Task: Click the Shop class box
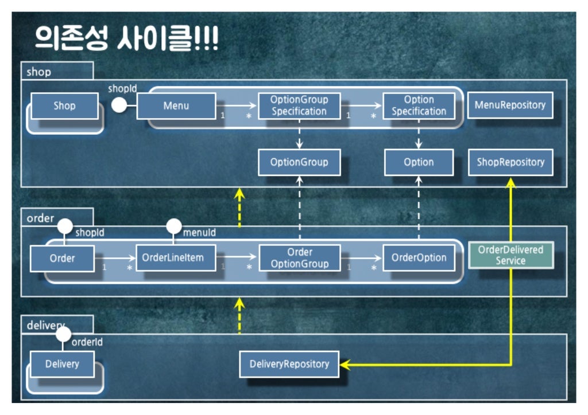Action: click(x=64, y=106)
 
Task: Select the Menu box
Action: click(x=176, y=106)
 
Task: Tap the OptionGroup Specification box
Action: click(x=299, y=106)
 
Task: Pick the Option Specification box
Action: click(x=419, y=106)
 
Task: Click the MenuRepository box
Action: click(x=510, y=105)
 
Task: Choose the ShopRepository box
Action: click(x=510, y=162)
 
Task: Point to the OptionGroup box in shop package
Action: click(x=299, y=162)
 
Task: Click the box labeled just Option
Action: click(x=419, y=162)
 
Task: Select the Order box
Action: click(x=62, y=259)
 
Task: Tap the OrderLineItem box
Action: click(x=176, y=258)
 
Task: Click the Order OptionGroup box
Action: click(x=299, y=258)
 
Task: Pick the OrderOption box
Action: click(x=419, y=258)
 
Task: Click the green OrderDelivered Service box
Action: click(x=510, y=256)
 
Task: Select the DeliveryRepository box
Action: click(x=289, y=364)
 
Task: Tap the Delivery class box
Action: click(x=62, y=364)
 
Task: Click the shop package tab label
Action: click(x=39, y=72)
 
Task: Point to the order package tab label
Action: click(x=40, y=218)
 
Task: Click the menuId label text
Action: click(x=199, y=233)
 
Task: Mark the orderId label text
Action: click(x=87, y=342)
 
